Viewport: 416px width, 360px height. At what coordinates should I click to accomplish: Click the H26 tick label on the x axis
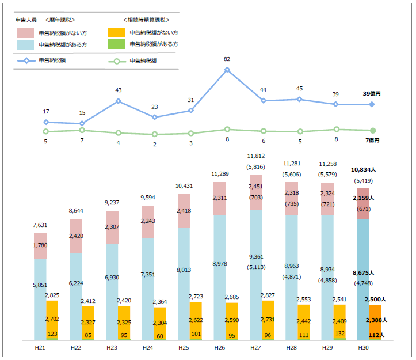pyautogui.click(x=220, y=347)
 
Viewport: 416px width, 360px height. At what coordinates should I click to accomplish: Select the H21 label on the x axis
pyautogui.click(x=40, y=347)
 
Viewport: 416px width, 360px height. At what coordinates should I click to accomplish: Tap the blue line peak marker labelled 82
pyautogui.click(x=227, y=70)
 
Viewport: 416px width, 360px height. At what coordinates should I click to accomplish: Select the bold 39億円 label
pyautogui.click(x=371, y=94)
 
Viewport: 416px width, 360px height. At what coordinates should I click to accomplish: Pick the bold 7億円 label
pyautogui.click(x=371, y=140)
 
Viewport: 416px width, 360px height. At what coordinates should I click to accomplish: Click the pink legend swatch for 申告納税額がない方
pyautogui.click(x=26, y=33)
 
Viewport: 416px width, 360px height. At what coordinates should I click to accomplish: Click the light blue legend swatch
pyautogui.click(x=26, y=44)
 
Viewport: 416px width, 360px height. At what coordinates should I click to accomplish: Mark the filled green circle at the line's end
pyautogui.click(x=372, y=131)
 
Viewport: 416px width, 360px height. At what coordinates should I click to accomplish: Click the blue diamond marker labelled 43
pyautogui.click(x=119, y=101)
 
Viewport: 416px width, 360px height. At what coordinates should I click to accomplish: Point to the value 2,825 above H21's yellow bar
pyautogui.click(x=52, y=295)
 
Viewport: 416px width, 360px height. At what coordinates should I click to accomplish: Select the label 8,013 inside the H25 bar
pyautogui.click(x=184, y=269)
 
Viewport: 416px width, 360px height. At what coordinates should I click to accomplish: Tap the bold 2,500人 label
pyautogui.click(x=375, y=300)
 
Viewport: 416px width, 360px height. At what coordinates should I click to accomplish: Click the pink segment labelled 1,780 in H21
pyautogui.click(x=40, y=246)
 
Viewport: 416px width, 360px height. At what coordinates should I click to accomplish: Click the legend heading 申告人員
pyautogui.click(x=26, y=20)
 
